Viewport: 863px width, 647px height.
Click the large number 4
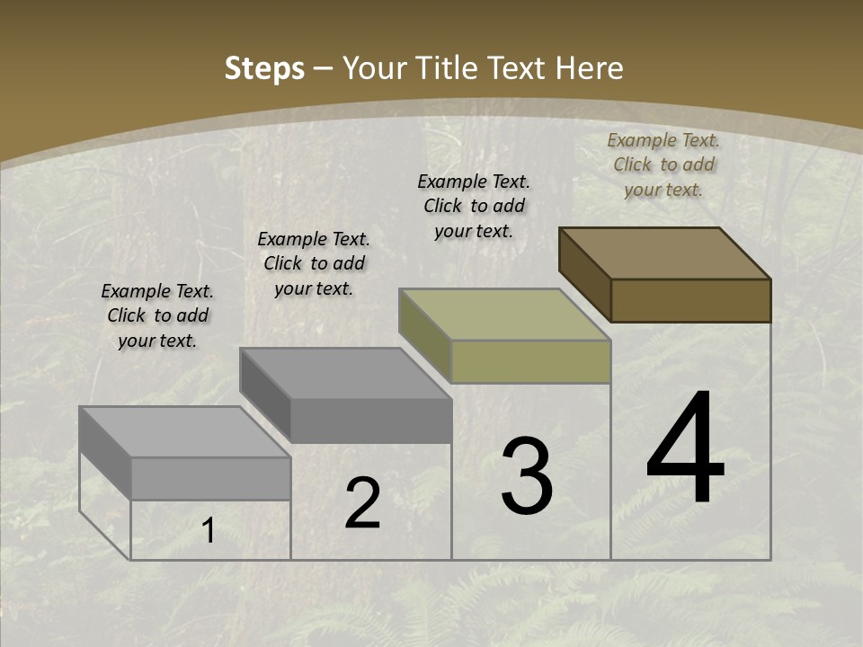tap(685, 449)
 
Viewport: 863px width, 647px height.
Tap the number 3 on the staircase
tap(527, 475)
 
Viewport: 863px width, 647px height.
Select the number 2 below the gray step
tap(363, 504)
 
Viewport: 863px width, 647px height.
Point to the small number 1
tap(209, 531)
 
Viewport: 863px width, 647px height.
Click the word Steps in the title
tap(264, 68)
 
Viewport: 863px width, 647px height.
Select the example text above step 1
tap(157, 315)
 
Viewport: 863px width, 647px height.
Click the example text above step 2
tap(314, 263)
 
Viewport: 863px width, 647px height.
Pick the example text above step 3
tap(474, 206)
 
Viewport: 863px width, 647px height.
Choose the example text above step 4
tap(663, 164)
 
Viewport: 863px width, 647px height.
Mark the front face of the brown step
tap(690, 300)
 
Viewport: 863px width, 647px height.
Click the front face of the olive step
tap(530, 361)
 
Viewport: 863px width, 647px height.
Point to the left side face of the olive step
tap(424, 333)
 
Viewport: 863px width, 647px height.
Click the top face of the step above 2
tap(345, 373)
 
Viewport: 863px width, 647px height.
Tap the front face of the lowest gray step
tap(210, 478)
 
